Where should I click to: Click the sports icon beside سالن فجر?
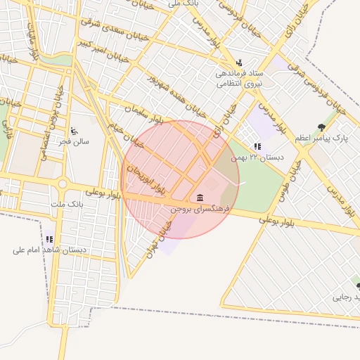tap(74, 131)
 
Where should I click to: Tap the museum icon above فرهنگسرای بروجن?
tap(200, 196)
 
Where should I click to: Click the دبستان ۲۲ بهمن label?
tap(258, 157)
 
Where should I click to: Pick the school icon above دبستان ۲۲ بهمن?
tap(258, 146)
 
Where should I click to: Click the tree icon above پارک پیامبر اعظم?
tap(321, 127)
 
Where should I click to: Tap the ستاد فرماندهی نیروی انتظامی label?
tap(240, 78)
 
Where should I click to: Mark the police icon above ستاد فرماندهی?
tap(240, 62)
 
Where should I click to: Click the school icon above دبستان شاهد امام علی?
tap(49, 239)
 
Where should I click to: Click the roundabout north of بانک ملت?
tap(63, 185)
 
